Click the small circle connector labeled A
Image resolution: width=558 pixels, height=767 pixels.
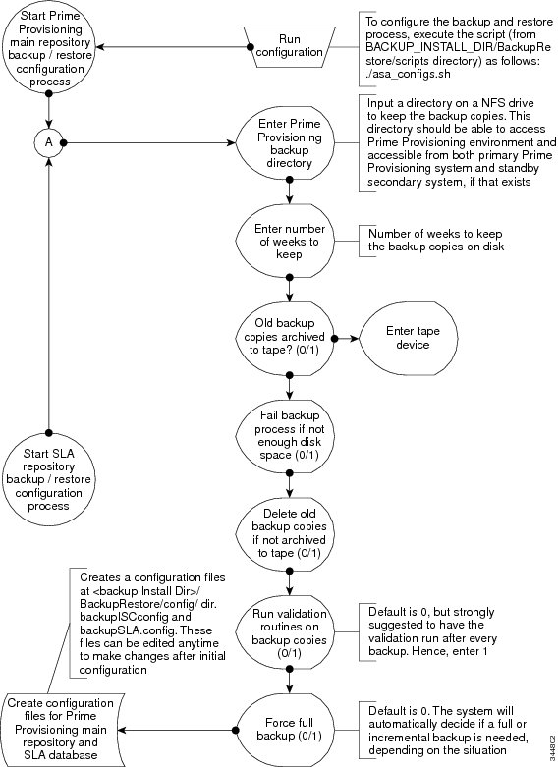[48, 142]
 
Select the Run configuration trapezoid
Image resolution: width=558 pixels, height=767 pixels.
[289, 47]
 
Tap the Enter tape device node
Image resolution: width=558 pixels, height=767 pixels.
[409, 338]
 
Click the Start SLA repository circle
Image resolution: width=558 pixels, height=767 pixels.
[48, 479]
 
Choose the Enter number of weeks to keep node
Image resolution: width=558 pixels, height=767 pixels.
[289, 242]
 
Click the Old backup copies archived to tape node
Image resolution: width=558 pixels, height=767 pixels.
[287, 338]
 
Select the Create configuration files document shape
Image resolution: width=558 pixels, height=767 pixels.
[61, 730]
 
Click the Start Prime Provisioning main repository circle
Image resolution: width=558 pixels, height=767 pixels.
[48, 47]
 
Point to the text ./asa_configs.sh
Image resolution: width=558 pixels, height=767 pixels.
[408, 75]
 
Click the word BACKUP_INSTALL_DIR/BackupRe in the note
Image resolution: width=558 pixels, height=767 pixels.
[458, 48]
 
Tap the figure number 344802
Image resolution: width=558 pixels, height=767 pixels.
[553, 743]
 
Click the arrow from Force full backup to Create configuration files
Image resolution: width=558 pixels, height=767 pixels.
[177, 730]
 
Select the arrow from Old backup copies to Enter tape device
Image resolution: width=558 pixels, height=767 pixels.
[347, 338]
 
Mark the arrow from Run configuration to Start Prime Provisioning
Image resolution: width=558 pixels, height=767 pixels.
[173, 47]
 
